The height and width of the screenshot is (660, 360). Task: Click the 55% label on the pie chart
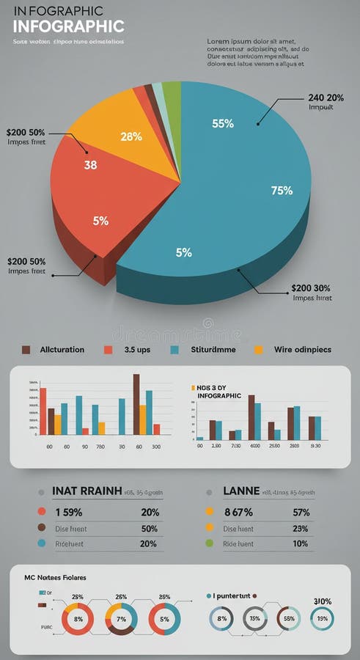[x=223, y=123]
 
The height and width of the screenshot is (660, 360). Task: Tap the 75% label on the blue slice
[x=282, y=191]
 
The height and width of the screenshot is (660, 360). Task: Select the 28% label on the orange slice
[x=131, y=136]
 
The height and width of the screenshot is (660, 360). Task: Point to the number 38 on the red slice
[x=90, y=165]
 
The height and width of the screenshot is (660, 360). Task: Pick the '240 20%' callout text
[x=326, y=98]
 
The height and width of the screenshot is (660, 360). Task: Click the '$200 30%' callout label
[x=311, y=288]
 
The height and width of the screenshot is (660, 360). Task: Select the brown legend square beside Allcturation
[x=26, y=350]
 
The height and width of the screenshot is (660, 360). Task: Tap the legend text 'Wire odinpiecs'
[x=303, y=350]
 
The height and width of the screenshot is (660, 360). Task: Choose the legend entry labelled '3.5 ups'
[x=136, y=350]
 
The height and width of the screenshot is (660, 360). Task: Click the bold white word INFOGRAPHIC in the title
[x=68, y=26]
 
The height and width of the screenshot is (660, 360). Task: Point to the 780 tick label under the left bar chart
[x=100, y=446]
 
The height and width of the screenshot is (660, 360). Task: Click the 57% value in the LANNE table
[x=301, y=513]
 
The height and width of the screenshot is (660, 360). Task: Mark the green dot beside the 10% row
[x=209, y=543]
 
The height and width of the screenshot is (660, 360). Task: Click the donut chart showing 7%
[x=122, y=619]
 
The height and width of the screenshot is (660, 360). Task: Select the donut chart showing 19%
[x=322, y=619]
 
